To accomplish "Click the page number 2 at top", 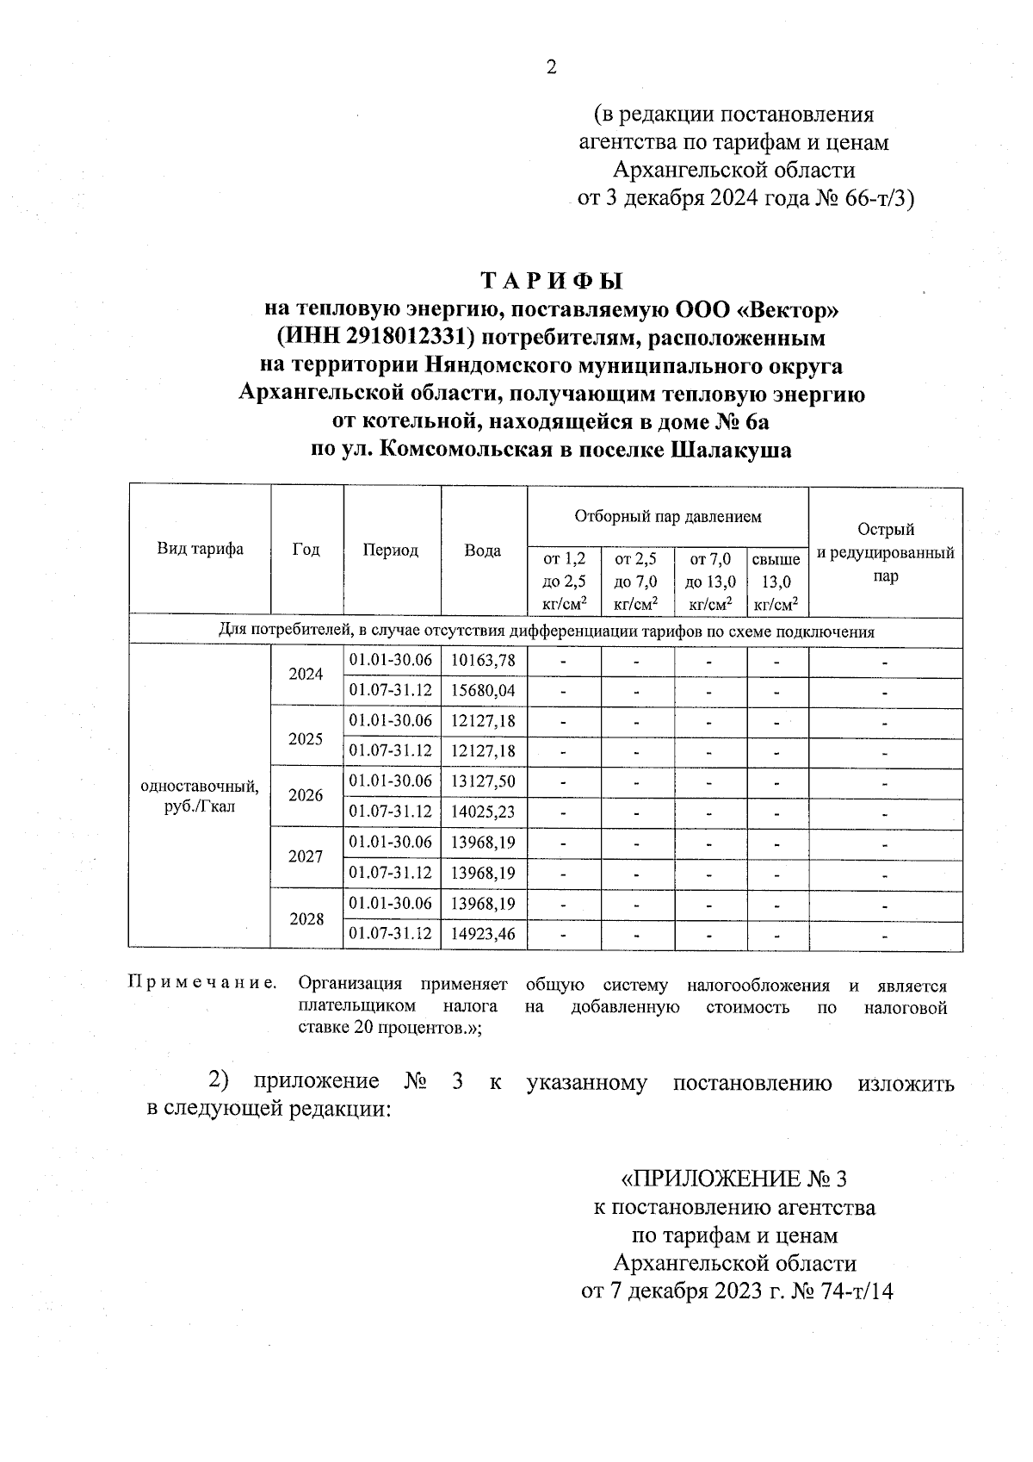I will coord(551,66).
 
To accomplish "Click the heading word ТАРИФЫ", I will coord(551,281).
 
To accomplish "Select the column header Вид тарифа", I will coord(200,550).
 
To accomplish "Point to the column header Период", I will coord(391,551).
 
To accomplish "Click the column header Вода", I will coord(483,551).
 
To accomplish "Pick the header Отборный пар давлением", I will coord(667,517).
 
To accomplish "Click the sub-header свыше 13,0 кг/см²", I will coord(776,582).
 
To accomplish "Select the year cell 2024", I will coord(306,675).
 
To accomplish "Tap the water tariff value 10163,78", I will coord(483,660).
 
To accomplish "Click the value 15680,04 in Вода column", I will coord(483,690).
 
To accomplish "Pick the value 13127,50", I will coord(483,781).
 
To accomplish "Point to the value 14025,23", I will coord(483,812).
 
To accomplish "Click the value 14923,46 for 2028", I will coord(483,934).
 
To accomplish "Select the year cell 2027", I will coord(306,857).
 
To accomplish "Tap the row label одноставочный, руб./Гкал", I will coord(200,797).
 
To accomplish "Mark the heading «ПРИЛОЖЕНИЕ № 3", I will coord(739,1178).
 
